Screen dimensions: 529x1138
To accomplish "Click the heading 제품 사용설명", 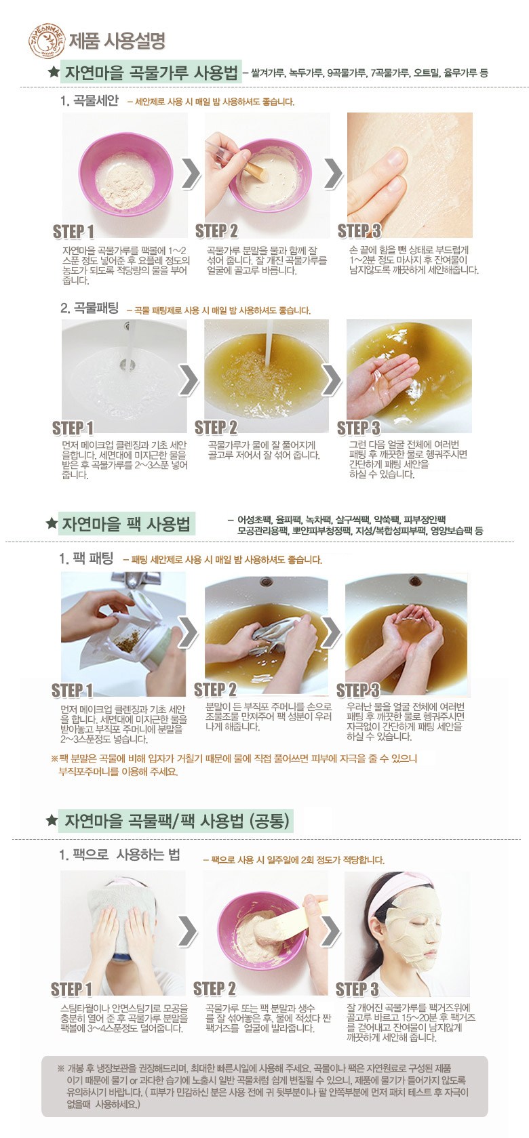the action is click(117, 41).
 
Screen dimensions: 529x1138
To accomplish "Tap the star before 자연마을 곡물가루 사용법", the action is click(53, 72).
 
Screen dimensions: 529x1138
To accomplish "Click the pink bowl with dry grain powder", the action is click(124, 171).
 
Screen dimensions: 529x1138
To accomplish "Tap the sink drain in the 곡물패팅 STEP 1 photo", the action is click(128, 364).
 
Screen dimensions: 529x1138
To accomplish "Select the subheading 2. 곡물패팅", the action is click(90, 308).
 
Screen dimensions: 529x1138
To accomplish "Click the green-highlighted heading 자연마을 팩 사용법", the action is click(125, 524).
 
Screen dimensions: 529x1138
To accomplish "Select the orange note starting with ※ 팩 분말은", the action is click(234, 765).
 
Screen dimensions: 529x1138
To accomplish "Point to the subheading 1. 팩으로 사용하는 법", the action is click(119, 855).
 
